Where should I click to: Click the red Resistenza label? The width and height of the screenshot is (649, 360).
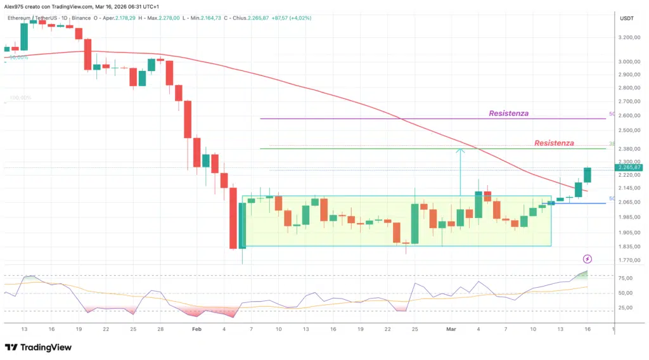coord(554,143)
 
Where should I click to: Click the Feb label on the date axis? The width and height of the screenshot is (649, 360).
coord(196,330)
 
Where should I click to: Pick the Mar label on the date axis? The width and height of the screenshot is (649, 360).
coord(451,330)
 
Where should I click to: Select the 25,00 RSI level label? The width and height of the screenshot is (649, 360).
coord(626,308)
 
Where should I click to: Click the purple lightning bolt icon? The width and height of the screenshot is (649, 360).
coord(588,259)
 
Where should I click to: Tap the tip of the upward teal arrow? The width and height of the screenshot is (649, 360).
coord(461,149)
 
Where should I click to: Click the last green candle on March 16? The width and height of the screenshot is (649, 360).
coord(588,175)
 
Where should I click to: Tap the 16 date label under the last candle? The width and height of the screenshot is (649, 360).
coord(588,330)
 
